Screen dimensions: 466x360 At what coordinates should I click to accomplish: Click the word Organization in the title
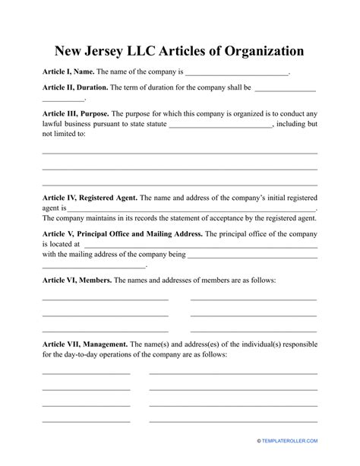[x=256, y=52]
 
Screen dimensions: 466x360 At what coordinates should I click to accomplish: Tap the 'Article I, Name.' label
[x=67, y=73]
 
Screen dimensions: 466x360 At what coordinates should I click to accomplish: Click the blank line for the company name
[x=237, y=74]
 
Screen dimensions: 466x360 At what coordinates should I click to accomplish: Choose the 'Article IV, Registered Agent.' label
[x=90, y=197]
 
